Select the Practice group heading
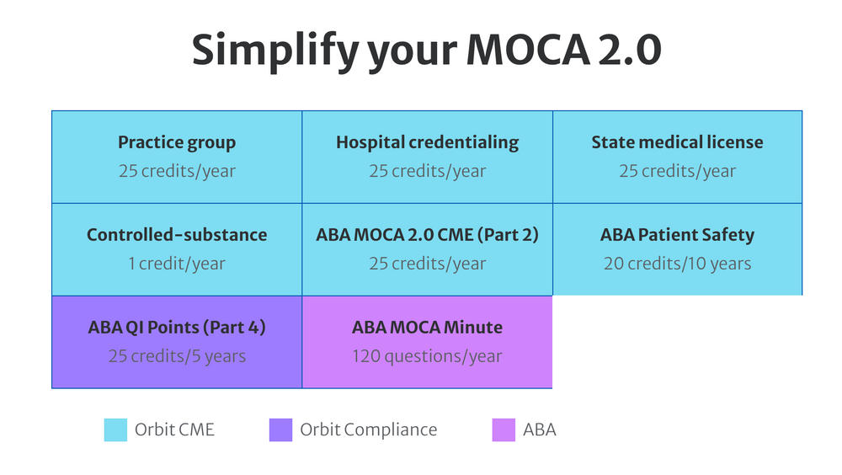click(x=177, y=142)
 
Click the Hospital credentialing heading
click(x=427, y=142)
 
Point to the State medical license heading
click(x=677, y=142)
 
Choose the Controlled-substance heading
click(x=177, y=235)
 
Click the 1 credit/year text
click(x=177, y=264)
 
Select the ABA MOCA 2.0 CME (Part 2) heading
click(x=427, y=235)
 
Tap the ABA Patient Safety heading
click(x=677, y=235)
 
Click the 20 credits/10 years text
click(x=677, y=264)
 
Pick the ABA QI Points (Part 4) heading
click(x=177, y=328)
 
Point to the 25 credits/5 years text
click(x=177, y=356)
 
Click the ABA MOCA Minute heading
click(x=427, y=328)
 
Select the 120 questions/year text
click(x=427, y=356)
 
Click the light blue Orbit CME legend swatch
click(x=115, y=430)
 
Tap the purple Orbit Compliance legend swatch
click(x=280, y=430)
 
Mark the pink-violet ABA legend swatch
click(x=504, y=430)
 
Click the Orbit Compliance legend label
click(x=368, y=430)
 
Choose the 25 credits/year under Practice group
click(x=177, y=171)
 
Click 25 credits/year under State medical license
click(x=677, y=171)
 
